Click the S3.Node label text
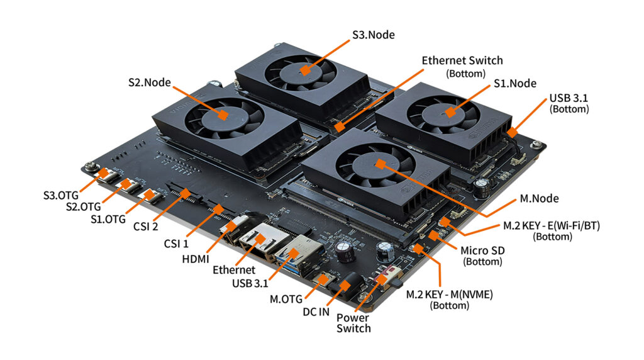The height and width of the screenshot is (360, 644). click(374, 35)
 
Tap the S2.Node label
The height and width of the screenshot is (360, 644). click(150, 82)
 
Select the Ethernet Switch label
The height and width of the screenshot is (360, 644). click(462, 66)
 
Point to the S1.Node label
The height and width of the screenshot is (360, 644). click(515, 84)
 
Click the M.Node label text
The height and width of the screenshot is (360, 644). click(539, 198)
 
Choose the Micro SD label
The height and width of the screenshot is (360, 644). click(482, 256)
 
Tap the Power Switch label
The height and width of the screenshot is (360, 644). click(353, 323)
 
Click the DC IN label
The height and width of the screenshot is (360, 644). click(316, 312)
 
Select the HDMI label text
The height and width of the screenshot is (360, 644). click(196, 259)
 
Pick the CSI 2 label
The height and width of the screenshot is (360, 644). click(145, 227)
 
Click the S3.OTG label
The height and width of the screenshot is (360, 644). click(61, 195)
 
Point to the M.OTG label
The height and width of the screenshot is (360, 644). click(286, 299)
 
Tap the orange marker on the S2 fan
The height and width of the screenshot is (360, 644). click(223, 115)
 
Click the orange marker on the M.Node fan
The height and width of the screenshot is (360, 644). click(380, 164)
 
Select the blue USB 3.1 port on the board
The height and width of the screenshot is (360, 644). click(295, 254)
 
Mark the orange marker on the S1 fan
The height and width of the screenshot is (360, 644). click(450, 112)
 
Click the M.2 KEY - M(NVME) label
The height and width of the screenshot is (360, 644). click(449, 300)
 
